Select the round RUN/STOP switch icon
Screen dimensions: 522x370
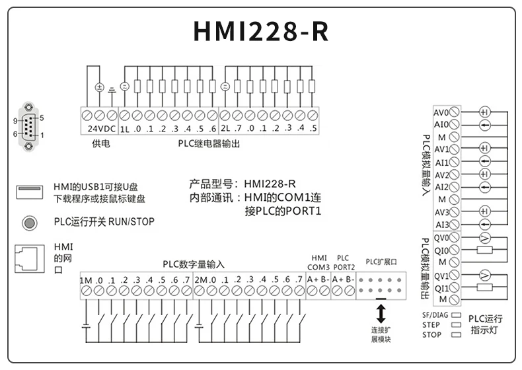click(x=29, y=222)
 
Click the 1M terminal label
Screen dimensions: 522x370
click(x=86, y=280)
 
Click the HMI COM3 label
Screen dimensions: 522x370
click(x=318, y=262)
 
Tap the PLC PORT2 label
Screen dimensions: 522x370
click(x=344, y=262)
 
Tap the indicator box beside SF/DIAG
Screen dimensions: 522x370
click(x=455, y=316)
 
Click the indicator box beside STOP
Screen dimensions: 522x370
click(x=455, y=335)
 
